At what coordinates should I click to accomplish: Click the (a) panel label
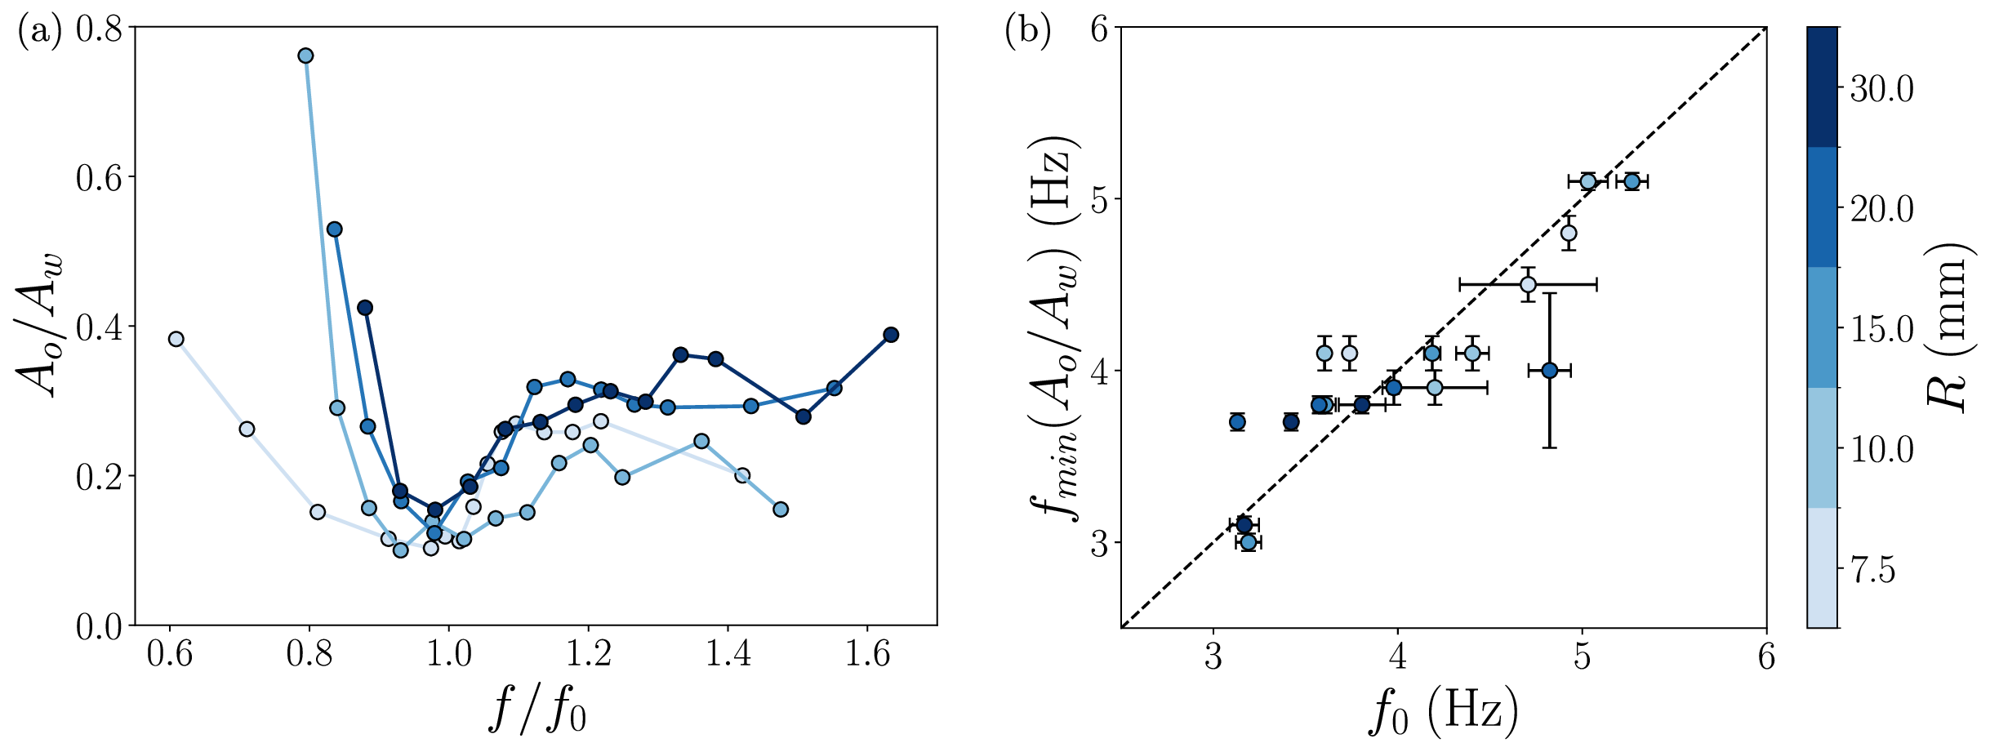[39, 33]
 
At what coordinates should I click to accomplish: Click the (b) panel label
[1027, 33]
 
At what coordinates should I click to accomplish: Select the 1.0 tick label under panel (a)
[448, 655]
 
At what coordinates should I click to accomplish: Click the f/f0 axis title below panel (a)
[536, 709]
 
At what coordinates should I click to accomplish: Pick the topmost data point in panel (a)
[305, 56]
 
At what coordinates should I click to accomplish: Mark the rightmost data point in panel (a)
[891, 335]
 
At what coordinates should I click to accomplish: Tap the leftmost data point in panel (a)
[176, 339]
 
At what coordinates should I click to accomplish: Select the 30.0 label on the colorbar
[1881, 89]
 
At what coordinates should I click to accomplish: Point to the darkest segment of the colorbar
[1822, 87]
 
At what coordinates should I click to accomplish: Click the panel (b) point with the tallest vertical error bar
[1549, 371]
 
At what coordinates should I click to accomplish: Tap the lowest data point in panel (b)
[1249, 541]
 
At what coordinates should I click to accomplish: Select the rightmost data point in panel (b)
[1632, 181]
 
